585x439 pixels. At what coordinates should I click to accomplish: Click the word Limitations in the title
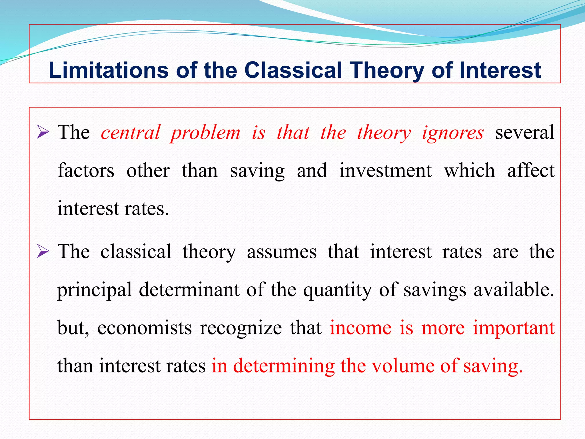pos(108,70)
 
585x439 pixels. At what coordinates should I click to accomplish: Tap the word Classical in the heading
pos(293,70)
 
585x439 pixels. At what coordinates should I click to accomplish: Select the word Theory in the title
pos(387,70)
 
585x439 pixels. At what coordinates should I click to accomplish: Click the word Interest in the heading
pos(500,70)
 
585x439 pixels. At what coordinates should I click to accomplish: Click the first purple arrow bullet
pos(43,133)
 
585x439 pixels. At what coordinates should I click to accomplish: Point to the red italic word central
pos(130,133)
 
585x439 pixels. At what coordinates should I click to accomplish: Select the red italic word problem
pos(205,133)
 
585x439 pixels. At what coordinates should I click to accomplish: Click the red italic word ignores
pos(453,133)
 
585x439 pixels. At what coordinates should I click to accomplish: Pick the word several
pos(525,133)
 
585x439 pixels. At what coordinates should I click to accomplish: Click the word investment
pos(385,171)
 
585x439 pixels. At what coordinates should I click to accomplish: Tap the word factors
pos(86,171)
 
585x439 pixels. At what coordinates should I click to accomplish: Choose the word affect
pos(531,171)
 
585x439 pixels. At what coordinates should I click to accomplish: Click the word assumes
pos(282,252)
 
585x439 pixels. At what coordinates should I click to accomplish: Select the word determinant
pos(189,290)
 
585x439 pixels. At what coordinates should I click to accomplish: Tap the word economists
pos(144,328)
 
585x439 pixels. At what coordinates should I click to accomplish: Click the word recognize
pos(241,328)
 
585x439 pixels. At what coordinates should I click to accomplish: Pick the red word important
pos(514,328)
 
